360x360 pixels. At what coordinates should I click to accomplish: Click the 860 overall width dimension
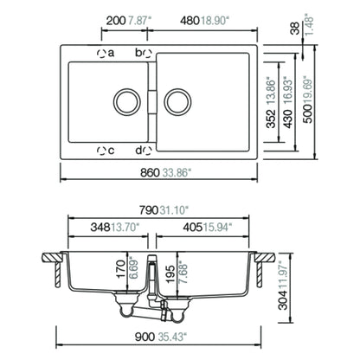click(x=150, y=173)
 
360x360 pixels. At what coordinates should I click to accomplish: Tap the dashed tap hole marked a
click(x=101, y=54)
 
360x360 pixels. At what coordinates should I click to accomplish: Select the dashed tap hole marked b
click(x=147, y=54)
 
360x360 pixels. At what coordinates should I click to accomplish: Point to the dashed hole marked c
click(x=101, y=151)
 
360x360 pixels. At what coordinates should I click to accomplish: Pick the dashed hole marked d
click(x=147, y=151)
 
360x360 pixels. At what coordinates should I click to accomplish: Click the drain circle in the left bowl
click(x=127, y=101)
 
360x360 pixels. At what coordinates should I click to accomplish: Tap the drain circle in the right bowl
click(x=177, y=101)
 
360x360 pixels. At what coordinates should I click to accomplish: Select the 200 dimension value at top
click(x=116, y=21)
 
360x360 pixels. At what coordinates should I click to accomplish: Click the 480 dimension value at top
click(x=190, y=21)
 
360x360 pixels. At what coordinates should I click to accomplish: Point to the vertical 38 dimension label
click(x=295, y=29)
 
